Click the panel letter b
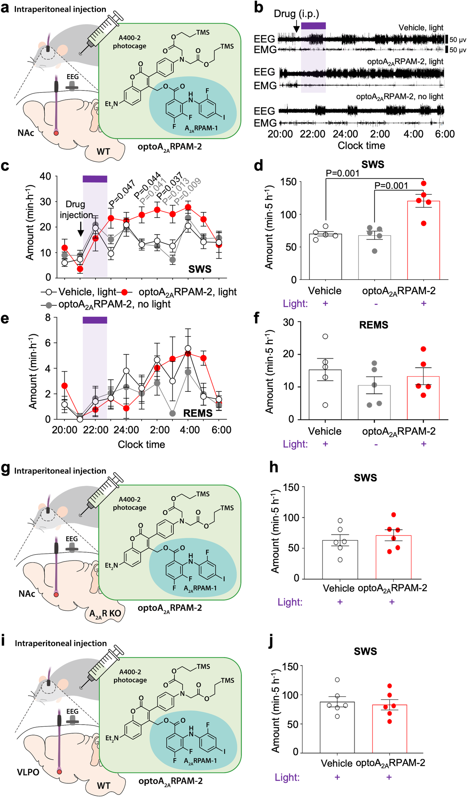coord(258,8)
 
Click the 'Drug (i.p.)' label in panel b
coord(296,14)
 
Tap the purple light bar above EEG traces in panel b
coord(313,26)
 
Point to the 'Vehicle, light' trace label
coord(421,28)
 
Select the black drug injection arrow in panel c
coord(81,229)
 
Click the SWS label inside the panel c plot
coord(200,269)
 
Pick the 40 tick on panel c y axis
coord(45,176)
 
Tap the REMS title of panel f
coord(374,325)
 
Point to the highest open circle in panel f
coord(325,336)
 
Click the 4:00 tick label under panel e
coord(190,430)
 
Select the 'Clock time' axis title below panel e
coord(141,444)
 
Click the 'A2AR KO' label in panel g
coord(105,613)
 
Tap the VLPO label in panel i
coord(28,772)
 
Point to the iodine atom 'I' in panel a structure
coord(224,117)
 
